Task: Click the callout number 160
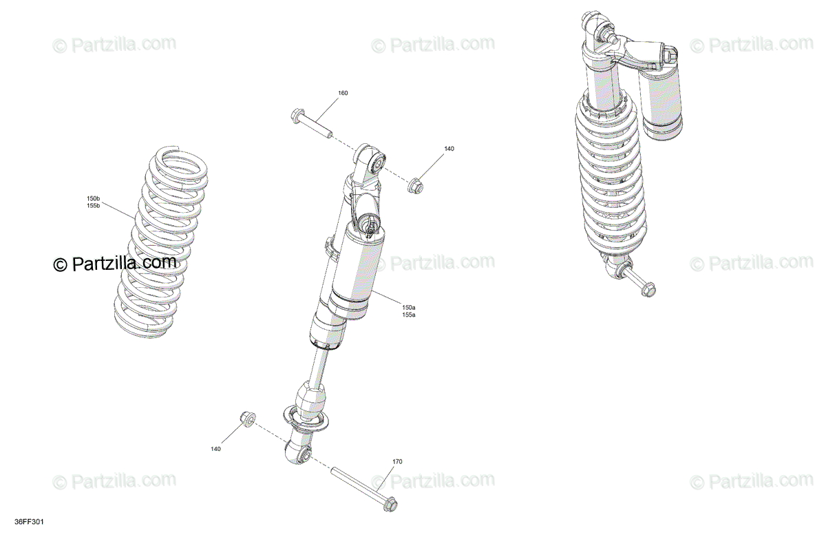pyautogui.click(x=343, y=93)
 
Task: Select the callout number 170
pyautogui.click(x=397, y=461)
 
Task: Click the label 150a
pyautogui.click(x=409, y=307)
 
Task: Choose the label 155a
pyautogui.click(x=409, y=315)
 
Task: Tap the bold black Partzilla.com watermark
pyautogui.click(x=116, y=262)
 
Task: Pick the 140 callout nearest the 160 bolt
pyautogui.click(x=449, y=149)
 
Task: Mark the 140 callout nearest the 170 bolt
pyautogui.click(x=215, y=449)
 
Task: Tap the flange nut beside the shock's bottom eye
pyautogui.click(x=247, y=419)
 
